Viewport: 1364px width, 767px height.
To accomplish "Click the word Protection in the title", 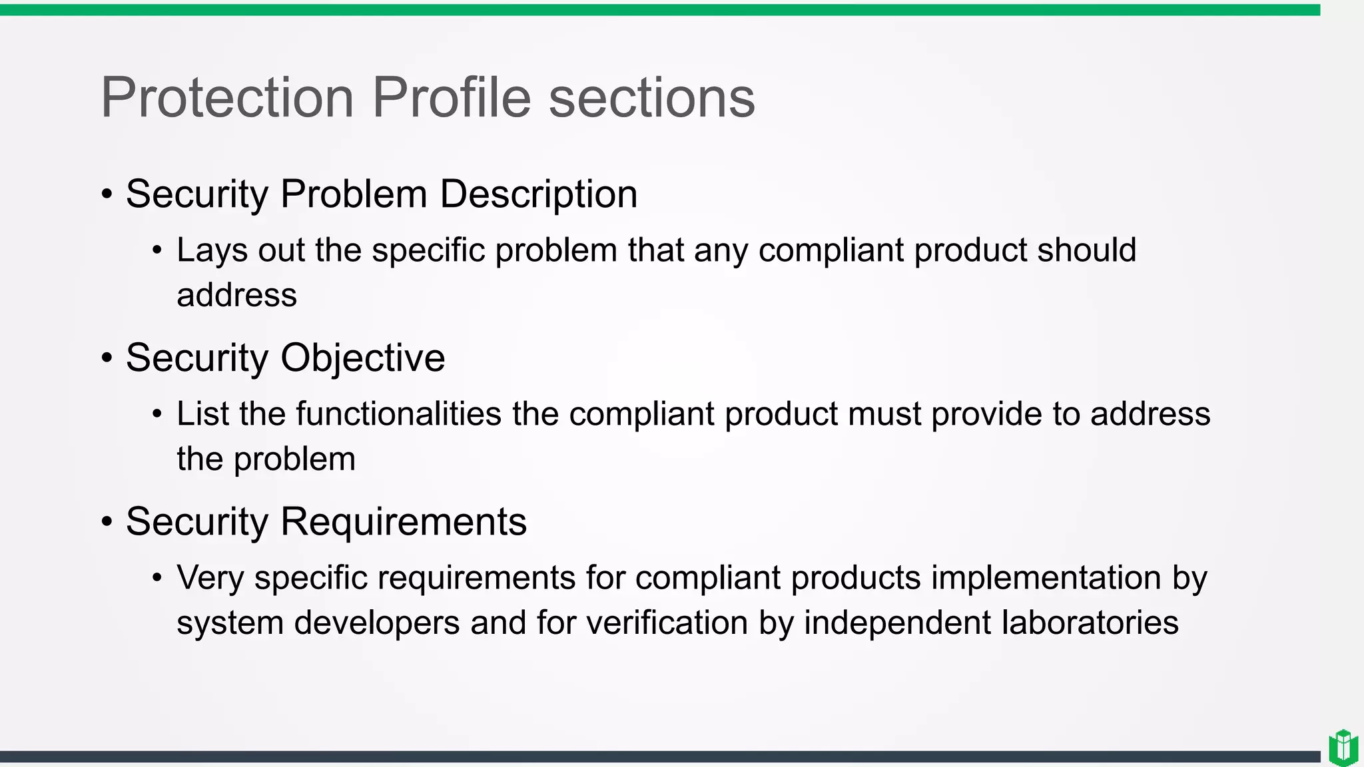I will [x=227, y=97].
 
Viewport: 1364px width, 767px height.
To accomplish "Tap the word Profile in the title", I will [x=451, y=97].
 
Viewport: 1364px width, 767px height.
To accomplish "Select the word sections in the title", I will [x=651, y=97].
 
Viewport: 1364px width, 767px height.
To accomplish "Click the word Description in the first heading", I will [x=538, y=194].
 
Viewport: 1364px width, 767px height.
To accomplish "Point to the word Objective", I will [x=362, y=358].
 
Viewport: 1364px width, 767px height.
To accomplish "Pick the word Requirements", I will [x=404, y=521].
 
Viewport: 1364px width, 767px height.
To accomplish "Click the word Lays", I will [x=212, y=251].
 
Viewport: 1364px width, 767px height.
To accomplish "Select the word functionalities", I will [x=398, y=413].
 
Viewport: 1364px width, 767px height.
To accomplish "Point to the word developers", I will [x=377, y=623].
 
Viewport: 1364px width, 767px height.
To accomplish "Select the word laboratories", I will [x=1090, y=623].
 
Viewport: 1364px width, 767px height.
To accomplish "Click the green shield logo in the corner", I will [x=1343, y=748].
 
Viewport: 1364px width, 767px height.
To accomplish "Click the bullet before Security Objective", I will [x=107, y=359].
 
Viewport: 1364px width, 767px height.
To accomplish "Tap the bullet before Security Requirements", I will [x=107, y=522].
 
